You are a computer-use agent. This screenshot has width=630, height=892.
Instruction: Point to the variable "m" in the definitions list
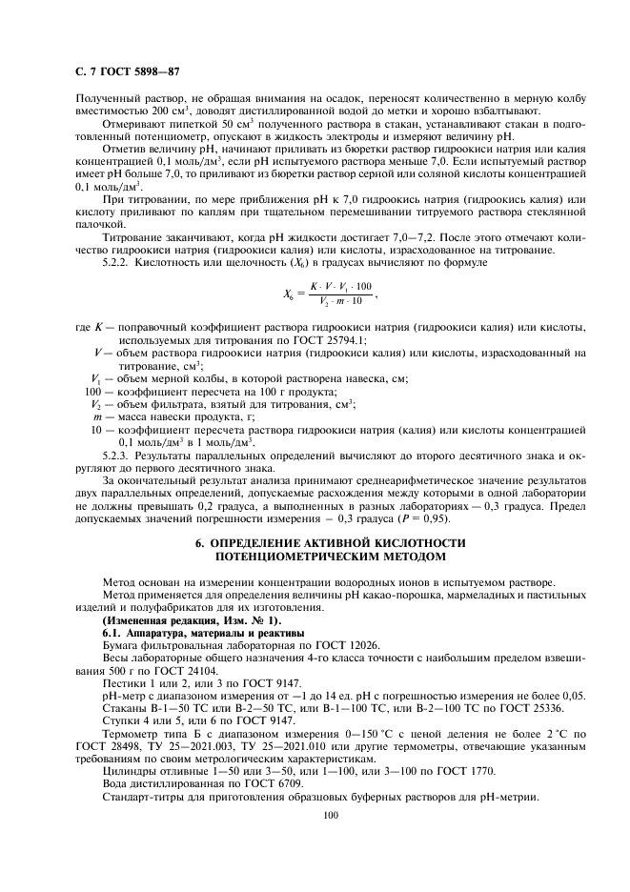point(97,417)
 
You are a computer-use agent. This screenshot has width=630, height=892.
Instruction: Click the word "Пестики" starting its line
point(122,682)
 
